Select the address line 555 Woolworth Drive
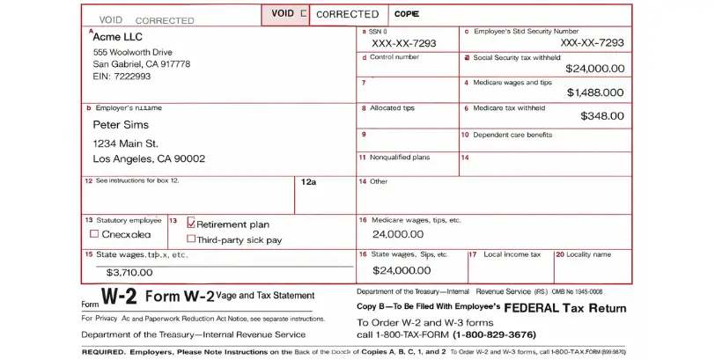tap(132, 52)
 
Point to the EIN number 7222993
tap(122, 77)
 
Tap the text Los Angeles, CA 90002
tap(149, 158)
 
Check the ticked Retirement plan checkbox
tap(191, 224)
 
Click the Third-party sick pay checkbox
tap(191, 239)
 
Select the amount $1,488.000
tap(594, 92)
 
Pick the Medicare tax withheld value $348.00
tap(602, 116)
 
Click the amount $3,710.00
tap(129, 273)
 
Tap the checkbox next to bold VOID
tap(304, 14)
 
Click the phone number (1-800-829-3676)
tap(494, 334)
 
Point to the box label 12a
tap(308, 182)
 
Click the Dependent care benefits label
tap(512, 135)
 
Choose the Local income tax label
tap(512, 254)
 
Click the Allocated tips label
tap(392, 108)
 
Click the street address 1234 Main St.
tap(126, 143)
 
